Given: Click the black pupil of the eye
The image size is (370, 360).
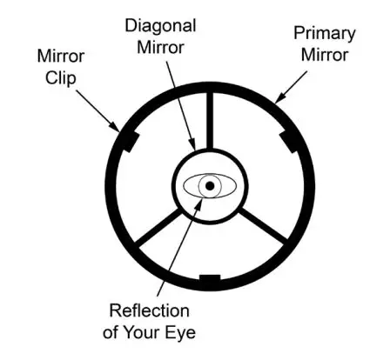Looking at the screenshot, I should click(210, 185).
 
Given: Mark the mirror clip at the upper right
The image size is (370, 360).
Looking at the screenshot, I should click(290, 138).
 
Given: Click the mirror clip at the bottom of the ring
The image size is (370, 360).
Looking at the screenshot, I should click(210, 278).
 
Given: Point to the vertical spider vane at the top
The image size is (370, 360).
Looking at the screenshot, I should click(210, 121).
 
